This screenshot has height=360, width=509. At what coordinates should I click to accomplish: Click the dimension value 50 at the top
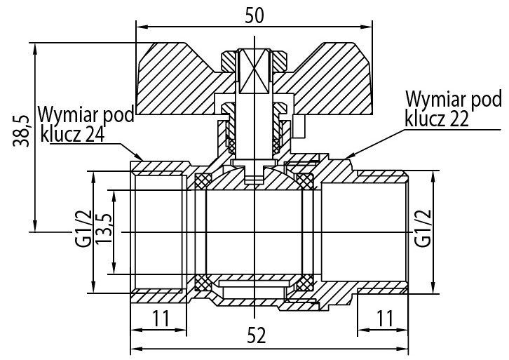pos(254,15)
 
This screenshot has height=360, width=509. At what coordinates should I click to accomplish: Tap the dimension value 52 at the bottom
pos(257,337)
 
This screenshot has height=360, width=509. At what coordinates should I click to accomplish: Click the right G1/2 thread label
pos(422,229)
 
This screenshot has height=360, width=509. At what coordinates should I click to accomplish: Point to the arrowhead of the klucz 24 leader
pos(142,159)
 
